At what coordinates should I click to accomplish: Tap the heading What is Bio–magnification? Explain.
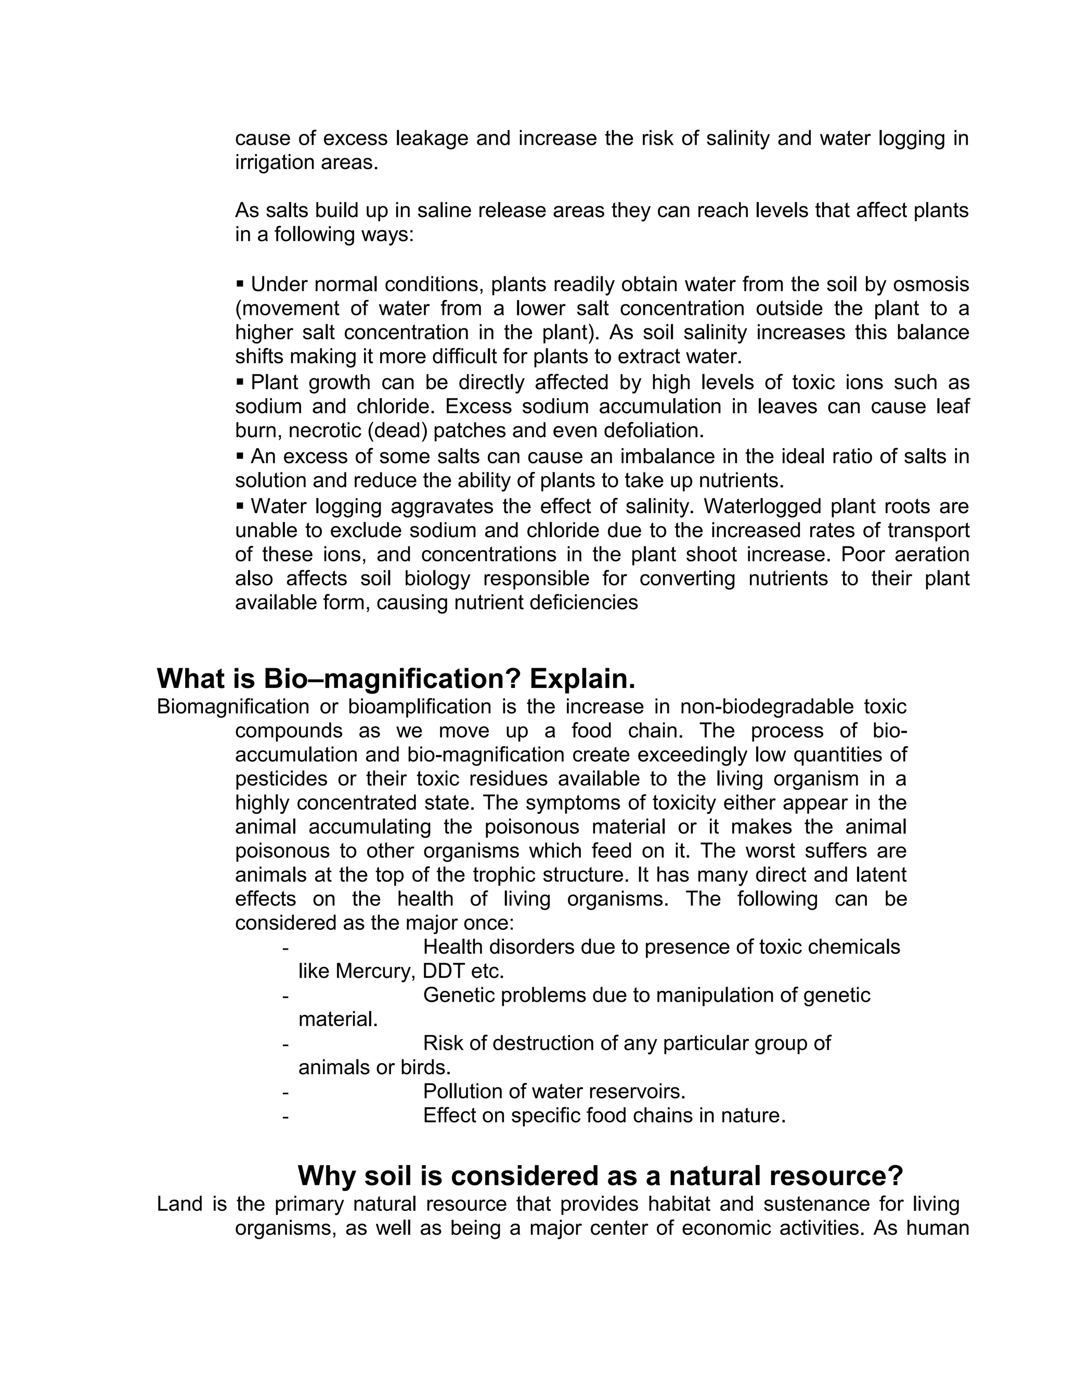tap(396, 679)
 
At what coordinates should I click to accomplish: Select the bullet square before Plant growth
tap(240, 381)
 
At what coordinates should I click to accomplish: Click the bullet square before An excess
tap(240, 455)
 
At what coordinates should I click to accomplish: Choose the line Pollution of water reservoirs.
tap(554, 1091)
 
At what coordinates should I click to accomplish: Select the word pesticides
tap(281, 779)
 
